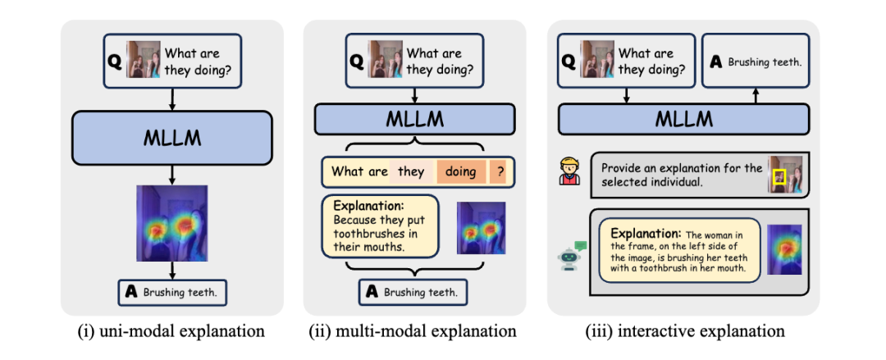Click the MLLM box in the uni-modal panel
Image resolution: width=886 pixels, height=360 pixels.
pos(171,137)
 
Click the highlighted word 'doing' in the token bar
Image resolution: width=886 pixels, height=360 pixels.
pos(461,171)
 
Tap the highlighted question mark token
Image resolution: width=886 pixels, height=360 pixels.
pos(500,171)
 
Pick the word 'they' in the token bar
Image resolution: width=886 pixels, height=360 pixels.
pos(411,171)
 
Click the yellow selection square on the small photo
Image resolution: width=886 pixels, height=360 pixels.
pos(779,175)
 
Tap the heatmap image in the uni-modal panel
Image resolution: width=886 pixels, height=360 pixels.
pos(171,222)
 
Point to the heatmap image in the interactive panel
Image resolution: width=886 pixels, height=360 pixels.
pos(783,250)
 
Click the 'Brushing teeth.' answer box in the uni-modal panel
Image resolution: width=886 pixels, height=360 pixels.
pos(173,290)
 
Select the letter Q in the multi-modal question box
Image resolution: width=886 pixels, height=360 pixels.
pos(357,60)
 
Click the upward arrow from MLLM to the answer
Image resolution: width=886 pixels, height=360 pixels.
pos(755,98)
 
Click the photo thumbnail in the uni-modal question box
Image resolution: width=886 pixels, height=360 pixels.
pos(144,59)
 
